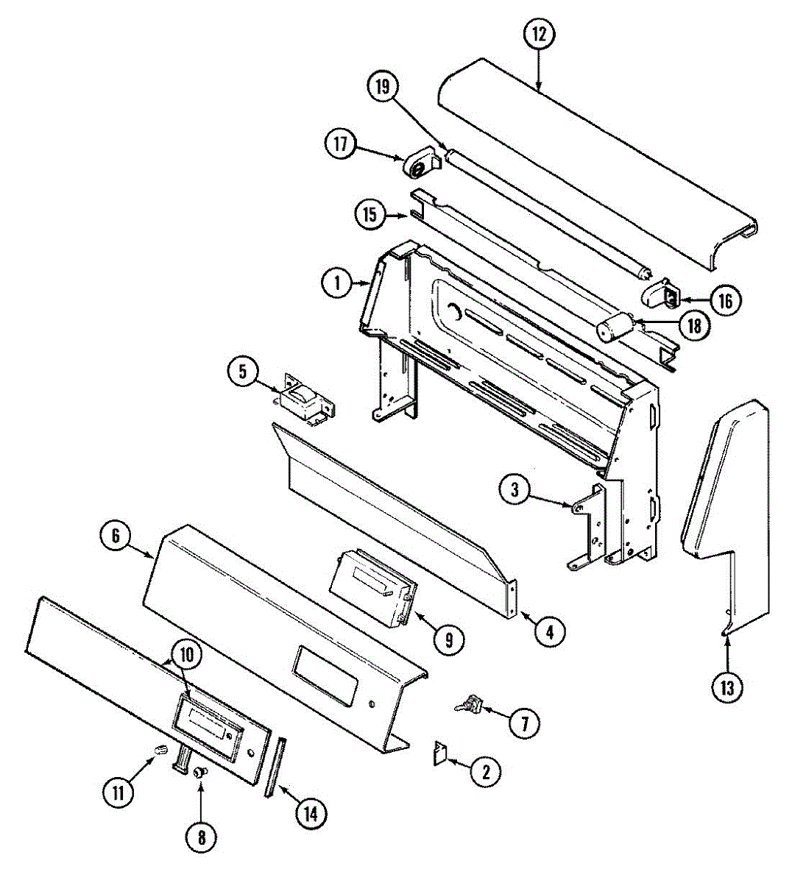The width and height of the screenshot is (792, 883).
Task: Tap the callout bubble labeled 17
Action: click(x=340, y=143)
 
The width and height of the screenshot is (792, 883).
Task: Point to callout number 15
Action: click(x=370, y=214)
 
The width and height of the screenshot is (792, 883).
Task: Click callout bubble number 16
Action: click(x=725, y=299)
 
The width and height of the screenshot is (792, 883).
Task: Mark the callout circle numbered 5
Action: click(x=242, y=372)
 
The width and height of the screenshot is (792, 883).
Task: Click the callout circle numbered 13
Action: click(x=727, y=687)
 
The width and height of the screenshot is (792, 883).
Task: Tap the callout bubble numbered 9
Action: click(x=449, y=639)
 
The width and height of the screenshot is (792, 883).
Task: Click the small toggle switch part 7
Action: click(x=469, y=706)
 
